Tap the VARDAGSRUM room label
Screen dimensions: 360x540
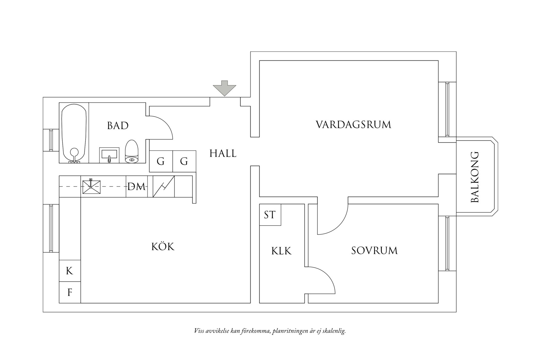[353, 125]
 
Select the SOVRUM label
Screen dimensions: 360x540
[374, 251]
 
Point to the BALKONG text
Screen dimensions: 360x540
[474, 177]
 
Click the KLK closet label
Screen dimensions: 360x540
[281, 251]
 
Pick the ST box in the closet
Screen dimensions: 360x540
[270, 215]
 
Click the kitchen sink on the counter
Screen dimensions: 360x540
[91, 187]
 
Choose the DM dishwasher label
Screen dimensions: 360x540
[137, 187]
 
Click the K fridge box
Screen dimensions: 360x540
[69, 271]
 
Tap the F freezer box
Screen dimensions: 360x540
[69, 292]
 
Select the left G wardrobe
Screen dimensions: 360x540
[161, 161]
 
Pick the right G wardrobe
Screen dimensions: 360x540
[184, 161]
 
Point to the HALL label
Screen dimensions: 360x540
[223, 153]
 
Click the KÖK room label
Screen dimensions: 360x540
[163, 247]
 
